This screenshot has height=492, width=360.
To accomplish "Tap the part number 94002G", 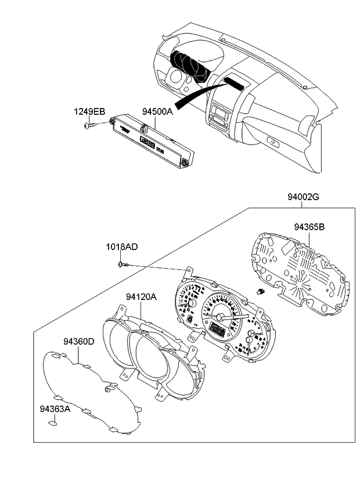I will pos(303,197).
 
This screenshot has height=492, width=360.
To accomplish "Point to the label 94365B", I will pos(308,227).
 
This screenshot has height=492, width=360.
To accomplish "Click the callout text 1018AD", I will pos(121,247).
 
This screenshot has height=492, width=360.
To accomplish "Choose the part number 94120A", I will pos(141,297).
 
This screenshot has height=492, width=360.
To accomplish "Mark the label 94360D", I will pos(78,342).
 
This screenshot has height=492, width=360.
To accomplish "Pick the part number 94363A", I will pos(55,409).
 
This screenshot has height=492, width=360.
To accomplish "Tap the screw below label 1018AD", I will pos(121,265).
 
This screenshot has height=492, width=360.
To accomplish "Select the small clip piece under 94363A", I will pos(53,423).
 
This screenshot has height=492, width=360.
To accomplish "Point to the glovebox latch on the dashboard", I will pos(271,140).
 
